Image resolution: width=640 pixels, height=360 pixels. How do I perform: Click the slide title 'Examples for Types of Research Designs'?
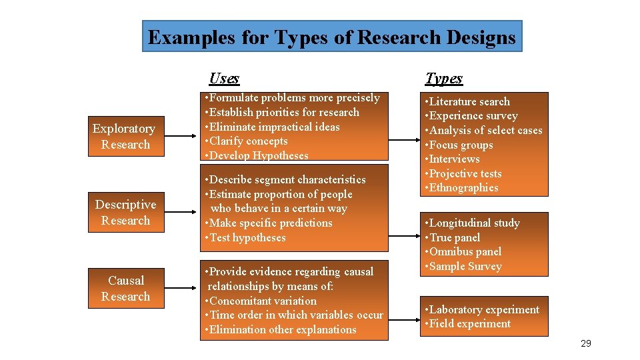(331, 37)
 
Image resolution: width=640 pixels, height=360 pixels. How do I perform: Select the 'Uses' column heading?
(224, 78)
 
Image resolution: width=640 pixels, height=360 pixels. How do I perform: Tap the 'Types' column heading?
(443, 78)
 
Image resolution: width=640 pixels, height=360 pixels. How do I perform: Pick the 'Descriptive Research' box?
(126, 213)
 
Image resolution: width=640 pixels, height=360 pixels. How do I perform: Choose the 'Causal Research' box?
(126, 289)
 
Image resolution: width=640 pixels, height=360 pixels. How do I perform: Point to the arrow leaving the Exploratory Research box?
(181, 137)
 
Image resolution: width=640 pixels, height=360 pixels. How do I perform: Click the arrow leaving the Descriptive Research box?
(181, 213)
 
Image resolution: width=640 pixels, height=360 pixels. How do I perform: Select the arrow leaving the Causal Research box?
(181, 289)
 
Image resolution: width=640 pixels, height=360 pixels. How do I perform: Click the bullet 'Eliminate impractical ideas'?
(273, 127)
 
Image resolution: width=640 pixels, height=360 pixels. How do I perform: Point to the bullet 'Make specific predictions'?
(269, 223)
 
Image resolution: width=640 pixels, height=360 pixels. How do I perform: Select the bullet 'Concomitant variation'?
(261, 301)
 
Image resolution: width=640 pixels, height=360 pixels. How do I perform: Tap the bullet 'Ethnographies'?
(461, 188)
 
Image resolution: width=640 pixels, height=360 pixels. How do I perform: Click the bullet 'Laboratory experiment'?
(482, 309)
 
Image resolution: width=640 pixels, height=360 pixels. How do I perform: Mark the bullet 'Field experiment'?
(468, 324)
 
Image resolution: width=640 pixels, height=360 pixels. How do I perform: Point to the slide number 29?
(586, 343)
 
